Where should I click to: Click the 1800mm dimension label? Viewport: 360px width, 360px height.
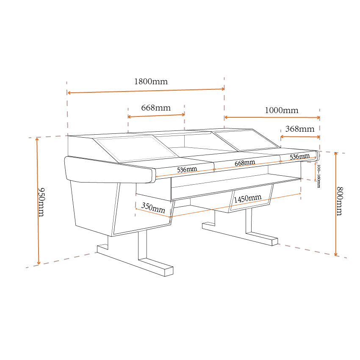(151, 81)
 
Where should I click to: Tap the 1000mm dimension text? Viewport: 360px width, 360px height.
(282, 111)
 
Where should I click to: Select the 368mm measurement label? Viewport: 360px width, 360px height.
(300, 129)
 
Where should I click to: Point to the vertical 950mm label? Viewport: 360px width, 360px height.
(41, 202)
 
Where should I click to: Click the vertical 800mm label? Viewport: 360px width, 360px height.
(340, 201)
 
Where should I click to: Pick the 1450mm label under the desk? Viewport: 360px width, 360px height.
(248, 198)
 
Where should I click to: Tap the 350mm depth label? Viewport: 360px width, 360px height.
(153, 208)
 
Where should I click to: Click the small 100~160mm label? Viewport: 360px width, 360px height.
(318, 176)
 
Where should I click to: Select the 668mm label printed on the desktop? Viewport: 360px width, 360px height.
(245, 163)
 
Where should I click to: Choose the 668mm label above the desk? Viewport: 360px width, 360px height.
(156, 108)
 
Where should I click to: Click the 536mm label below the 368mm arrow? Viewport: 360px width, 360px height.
(300, 157)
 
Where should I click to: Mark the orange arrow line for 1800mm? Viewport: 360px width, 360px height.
(146, 91)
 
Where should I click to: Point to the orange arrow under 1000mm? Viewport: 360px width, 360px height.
(272, 117)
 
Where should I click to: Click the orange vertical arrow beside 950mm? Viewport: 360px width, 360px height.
(38, 201)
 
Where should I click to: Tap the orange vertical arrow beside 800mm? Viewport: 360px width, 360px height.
(336, 204)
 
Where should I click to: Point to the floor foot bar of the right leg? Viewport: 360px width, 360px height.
(240, 234)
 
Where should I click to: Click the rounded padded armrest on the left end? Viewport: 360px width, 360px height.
(109, 170)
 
